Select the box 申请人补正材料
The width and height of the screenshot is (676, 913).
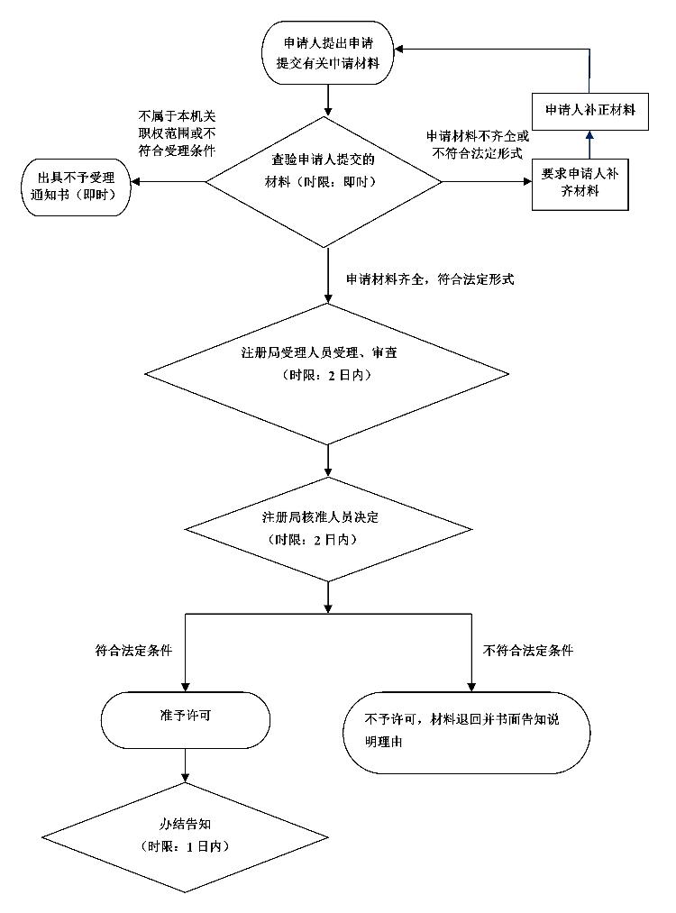[590, 110]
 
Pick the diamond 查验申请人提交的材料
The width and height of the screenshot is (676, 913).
[324, 181]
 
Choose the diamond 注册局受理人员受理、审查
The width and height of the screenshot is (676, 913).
[326, 373]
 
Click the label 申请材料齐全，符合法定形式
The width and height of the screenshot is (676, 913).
[430, 280]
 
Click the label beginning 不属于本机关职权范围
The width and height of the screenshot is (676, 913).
[177, 133]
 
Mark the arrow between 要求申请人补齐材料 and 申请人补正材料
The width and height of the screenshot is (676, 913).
[590, 144]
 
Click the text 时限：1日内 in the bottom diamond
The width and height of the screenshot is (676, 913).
[186, 847]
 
